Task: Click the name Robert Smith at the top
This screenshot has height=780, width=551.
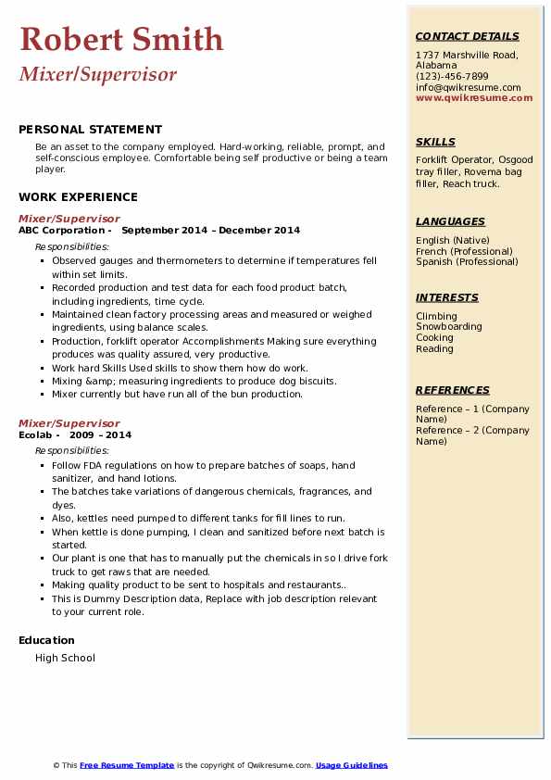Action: click(x=121, y=39)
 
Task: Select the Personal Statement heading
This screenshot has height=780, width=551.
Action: click(x=90, y=130)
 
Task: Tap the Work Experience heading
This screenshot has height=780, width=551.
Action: click(x=78, y=196)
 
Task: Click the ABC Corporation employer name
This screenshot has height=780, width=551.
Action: click(x=62, y=230)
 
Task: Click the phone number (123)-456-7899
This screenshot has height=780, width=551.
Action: click(x=452, y=77)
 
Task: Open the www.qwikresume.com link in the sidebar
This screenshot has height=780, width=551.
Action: click(x=474, y=97)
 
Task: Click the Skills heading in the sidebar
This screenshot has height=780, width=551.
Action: click(x=435, y=142)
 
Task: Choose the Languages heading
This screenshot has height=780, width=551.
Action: click(x=450, y=221)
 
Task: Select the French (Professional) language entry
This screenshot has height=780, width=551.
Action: click(x=464, y=251)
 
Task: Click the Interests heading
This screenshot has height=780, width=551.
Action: click(x=447, y=297)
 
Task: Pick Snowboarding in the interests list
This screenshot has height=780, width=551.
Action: click(x=449, y=327)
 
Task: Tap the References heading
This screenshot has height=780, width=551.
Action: click(x=453, y=390)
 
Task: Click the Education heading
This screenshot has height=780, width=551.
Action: click(x=46, y=640)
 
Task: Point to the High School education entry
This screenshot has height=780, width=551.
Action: click(x=65, y=658)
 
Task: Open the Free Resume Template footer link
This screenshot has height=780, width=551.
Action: click(x=127, y=765)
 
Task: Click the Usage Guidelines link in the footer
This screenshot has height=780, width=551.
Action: click(x=352, y=765)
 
